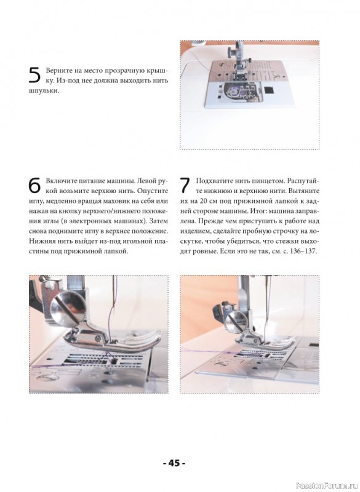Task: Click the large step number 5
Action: (x=34, y=75)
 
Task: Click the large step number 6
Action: (x=34, y=186)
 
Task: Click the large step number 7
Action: (x=185, y=186)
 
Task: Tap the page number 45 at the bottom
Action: (x=174, y=463)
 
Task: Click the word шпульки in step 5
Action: (x=43, y=91)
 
